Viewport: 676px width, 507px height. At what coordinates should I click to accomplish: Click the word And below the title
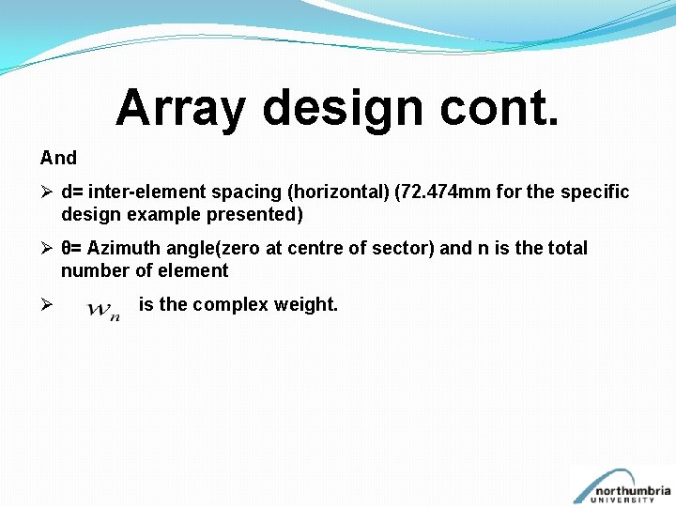(58, 158)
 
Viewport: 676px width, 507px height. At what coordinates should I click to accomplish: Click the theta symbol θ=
(71, 249)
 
